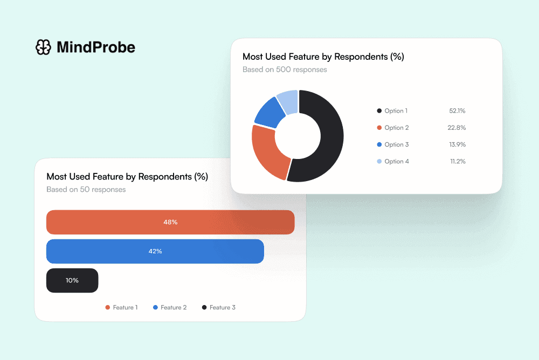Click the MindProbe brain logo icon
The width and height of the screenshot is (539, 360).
(43, 47)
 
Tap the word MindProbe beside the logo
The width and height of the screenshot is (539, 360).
(96, 47)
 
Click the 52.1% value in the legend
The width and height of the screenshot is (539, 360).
(457, 110)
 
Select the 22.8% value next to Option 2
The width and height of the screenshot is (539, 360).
(457, 128)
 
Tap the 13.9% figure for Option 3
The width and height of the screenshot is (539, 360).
(457, 144)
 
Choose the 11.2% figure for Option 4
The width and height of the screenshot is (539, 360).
(457, 161)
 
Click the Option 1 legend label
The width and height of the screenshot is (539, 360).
(396, 110)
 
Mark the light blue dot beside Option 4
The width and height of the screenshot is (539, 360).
(379, 161)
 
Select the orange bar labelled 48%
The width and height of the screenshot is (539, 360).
(170, 222)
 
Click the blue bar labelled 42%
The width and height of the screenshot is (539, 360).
(155, 251)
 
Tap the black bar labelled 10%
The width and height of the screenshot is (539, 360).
(72, 280)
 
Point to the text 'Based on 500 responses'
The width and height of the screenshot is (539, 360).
(285, 70)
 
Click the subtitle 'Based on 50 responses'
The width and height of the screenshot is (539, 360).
(86, 189)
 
